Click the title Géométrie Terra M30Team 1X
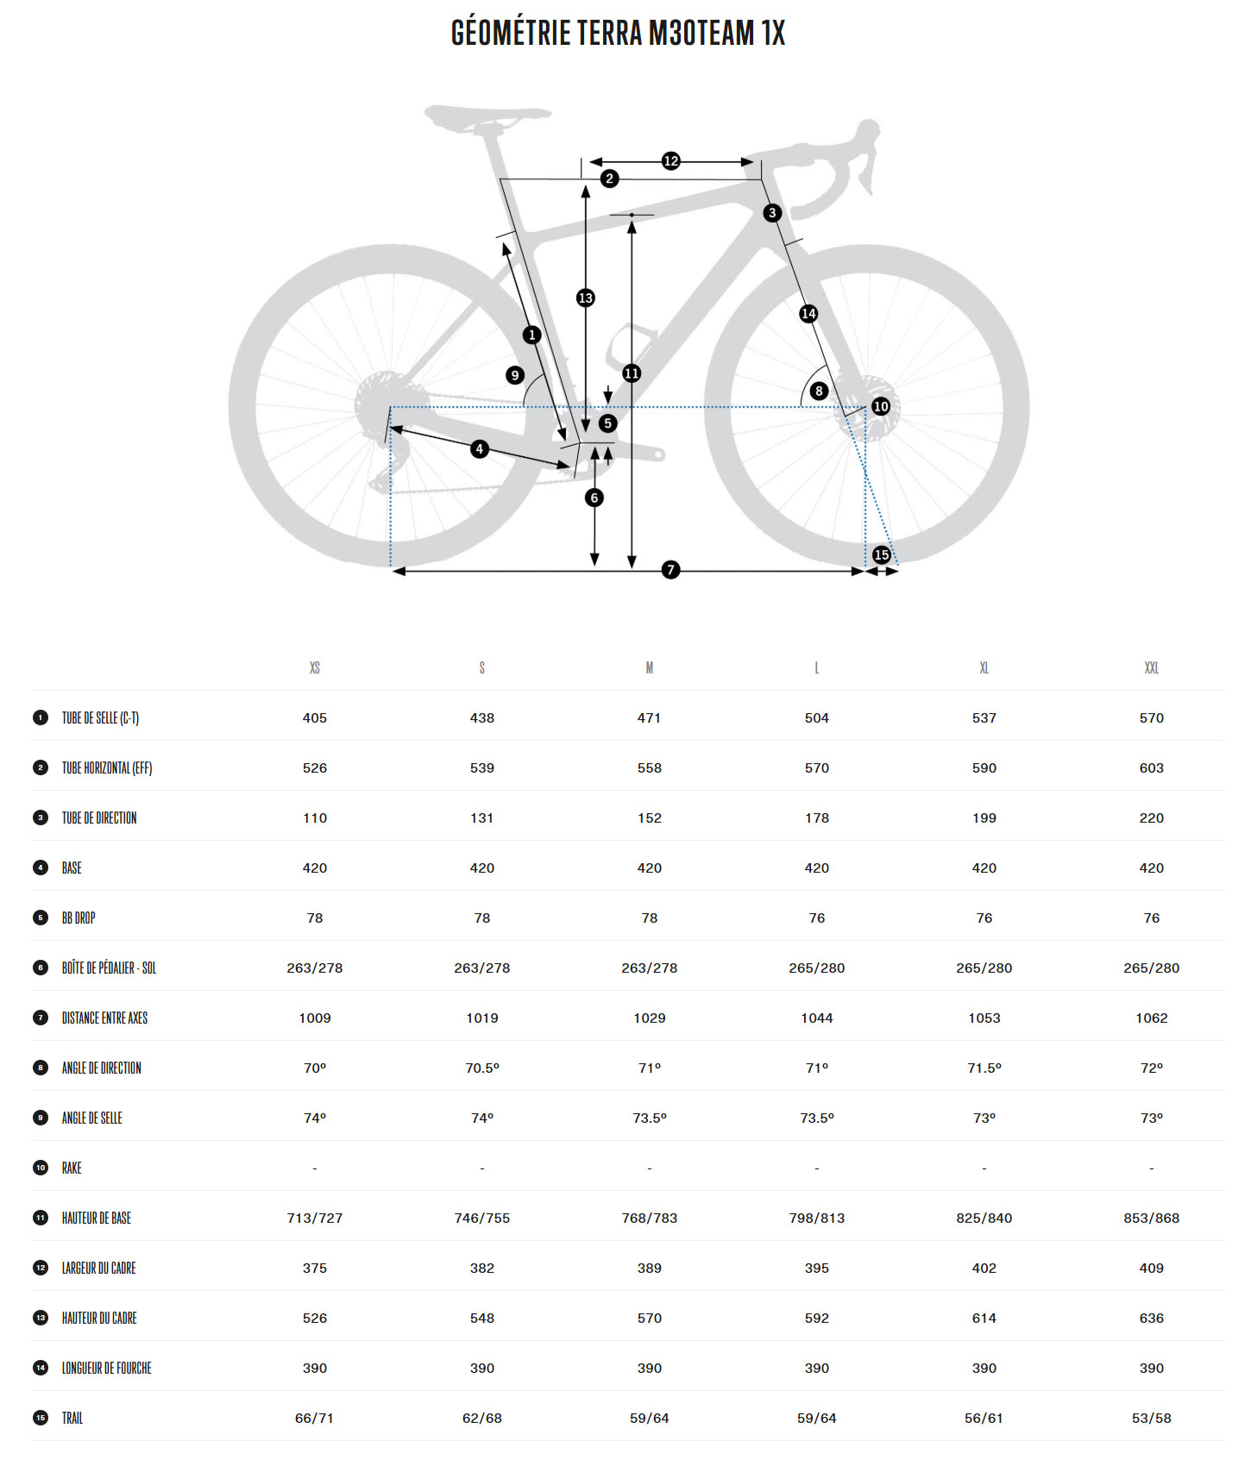[x=618, y=33]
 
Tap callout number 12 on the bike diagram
[x=670, y=160]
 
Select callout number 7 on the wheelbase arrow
[x=670, y=569]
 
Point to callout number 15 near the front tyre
[x=881, y=554]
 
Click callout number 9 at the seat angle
[x=515, y=375]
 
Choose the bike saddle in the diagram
[x=487, y=117]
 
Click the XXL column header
[x=1151, y=668]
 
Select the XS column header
[x=315, y=668]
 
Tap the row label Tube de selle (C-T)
[x=100, y=717]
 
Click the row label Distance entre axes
[x=104, y=1018]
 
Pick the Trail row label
[x=72, y=1418]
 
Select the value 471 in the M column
[x=649, y=717]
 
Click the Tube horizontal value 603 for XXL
[x=1151, y=767]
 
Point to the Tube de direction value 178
[x=816, y=818]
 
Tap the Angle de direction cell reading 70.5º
[x=482, y=1068]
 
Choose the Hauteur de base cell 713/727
[x=315, y=1218]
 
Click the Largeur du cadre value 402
[x=984, y=1268]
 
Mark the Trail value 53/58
[x=1151, y=1418]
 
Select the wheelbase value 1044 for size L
[x=816, y=1018]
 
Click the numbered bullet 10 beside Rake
[x=41, y=1168]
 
